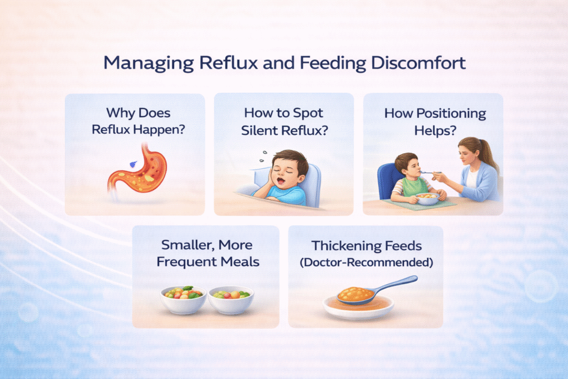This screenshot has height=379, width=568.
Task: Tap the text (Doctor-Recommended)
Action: tap(366, 262)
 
